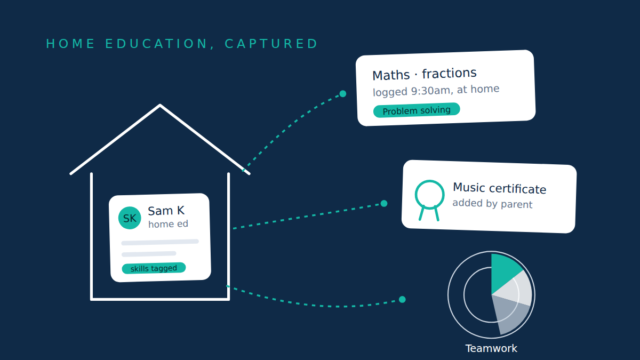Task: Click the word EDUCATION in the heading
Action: pos(157,44)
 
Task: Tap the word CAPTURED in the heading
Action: pos(271,44)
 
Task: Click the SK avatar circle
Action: pos(130,218)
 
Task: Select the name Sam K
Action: pos(166,211)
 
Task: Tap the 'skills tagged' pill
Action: pos(154,268)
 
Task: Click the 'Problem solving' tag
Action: pos(417,110)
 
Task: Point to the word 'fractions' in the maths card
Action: pos(449,74)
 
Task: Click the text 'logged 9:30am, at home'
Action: pos(436,91)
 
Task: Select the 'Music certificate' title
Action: pos(499,188)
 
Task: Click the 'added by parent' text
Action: pos(492,203)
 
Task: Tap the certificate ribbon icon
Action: pos(429,200)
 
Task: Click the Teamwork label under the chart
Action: pos(491,349)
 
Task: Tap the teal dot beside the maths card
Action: pos(343,94)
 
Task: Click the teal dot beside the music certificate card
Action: pos(384,203)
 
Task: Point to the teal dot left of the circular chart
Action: pos(402,299)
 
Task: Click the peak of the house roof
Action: pos(160,105)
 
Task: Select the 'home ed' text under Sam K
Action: pos(168,223)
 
